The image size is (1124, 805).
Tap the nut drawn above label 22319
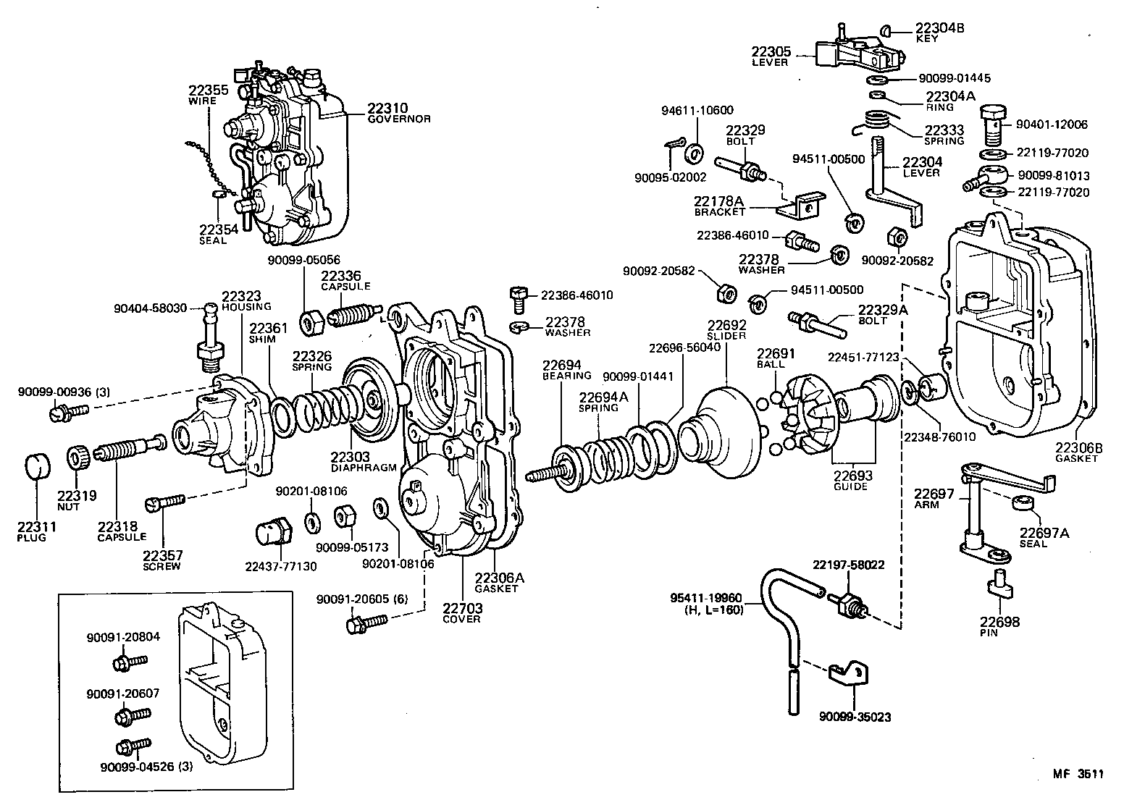[79, 458]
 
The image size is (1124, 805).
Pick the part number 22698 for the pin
[999, 622]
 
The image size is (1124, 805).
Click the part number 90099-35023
[855, 717]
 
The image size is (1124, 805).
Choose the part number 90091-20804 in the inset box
[123, 637]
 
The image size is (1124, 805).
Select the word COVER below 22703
[462, 619]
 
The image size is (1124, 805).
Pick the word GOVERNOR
[399, 119]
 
